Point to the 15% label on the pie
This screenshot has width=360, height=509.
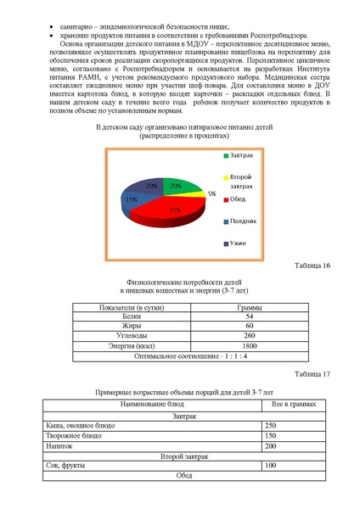tap(132, 200)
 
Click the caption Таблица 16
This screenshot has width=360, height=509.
tap(312, 266)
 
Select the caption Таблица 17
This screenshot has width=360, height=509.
tap(312, 373)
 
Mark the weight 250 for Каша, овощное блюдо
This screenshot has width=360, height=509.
tap(271, 425)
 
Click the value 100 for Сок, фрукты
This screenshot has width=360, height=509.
tap(271, 466)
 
